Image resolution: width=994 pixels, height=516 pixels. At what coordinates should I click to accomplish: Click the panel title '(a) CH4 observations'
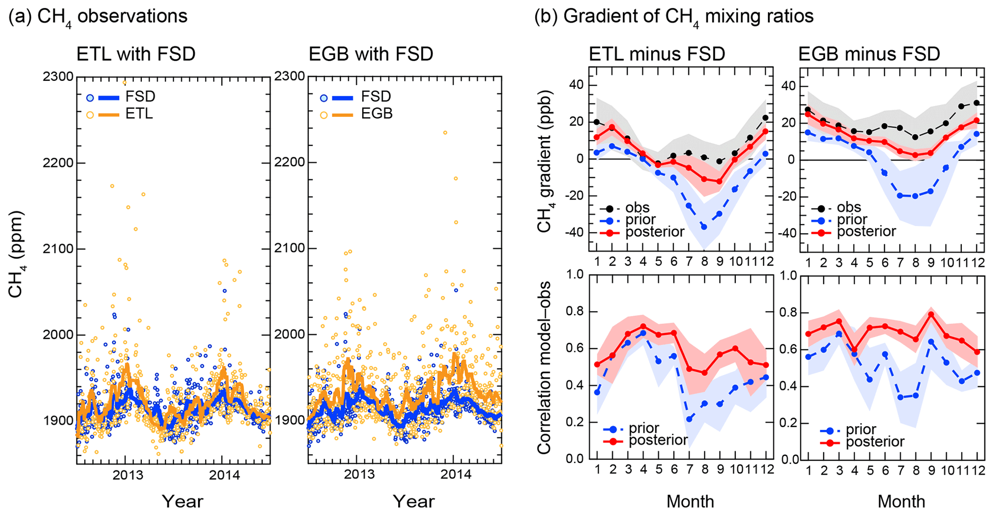(98, 17)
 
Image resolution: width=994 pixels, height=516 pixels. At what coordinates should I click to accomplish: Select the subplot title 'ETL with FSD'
(136, 54)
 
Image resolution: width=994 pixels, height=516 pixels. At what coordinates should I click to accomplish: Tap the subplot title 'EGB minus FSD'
(869, 54)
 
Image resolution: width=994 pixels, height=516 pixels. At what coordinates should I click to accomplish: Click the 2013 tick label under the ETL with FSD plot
(128, 476)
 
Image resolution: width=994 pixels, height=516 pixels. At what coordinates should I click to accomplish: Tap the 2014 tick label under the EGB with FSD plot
(455, 476)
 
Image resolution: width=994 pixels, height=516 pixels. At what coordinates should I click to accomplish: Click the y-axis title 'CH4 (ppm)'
(16, 253)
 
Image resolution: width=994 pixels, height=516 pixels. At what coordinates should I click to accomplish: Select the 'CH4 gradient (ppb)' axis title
(545, 162)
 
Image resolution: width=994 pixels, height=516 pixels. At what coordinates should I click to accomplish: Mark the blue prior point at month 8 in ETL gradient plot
(704, 227)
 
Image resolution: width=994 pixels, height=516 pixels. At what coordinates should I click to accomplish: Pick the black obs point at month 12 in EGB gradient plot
(977, 103)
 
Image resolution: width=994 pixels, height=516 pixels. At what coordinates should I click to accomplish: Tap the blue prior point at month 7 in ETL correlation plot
(689, 419)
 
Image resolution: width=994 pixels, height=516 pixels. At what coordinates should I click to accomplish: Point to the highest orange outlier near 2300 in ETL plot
(124, 82)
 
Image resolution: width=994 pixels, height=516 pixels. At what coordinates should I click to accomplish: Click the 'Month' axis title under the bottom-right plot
(901, 502)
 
